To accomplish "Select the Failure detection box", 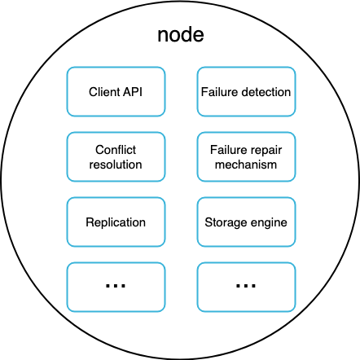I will pos(245,91).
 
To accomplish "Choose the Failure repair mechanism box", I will pos(245,156).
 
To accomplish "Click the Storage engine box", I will pos(245,222).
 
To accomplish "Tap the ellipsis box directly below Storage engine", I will pos(245,286).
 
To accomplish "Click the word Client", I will pos(104,92).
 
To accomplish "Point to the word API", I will pos(132,92).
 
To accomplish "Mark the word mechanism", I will pos(245,165).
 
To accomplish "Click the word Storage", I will pos(226,222).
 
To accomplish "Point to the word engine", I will pos(268,222).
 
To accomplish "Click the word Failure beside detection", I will pos(219,92).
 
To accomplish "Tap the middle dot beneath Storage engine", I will pos(245,287).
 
